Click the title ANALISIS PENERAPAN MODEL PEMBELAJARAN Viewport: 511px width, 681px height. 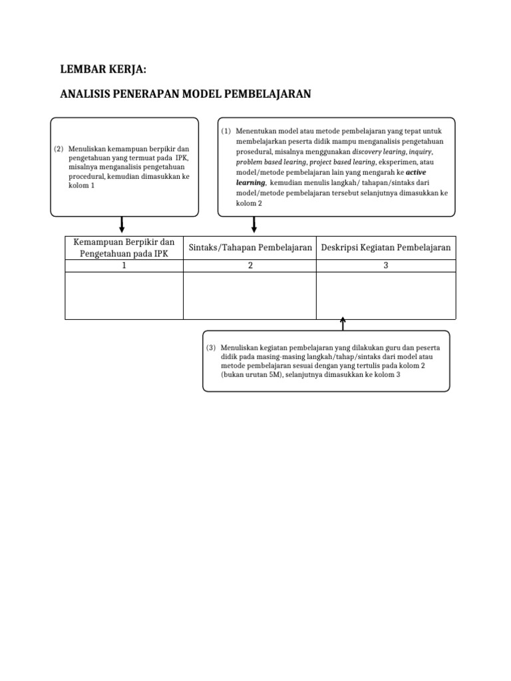pos(186,94)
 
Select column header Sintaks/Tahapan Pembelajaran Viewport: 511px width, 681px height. pos(250,247)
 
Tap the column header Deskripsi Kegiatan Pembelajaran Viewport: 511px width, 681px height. pos(386,247)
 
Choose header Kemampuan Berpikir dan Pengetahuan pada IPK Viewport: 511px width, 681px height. pos(124,247)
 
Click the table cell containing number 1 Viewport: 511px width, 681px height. pos(124,265)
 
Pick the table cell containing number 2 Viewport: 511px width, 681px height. pos(250,265)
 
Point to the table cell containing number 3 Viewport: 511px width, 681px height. pos(386,265)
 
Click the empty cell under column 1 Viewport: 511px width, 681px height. pos(124,295)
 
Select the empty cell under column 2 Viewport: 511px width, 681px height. pos(250,295)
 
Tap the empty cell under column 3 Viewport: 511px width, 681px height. pos(386,295)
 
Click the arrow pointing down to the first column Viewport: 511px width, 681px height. pos(122,225)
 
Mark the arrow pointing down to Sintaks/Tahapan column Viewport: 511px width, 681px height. pos(254,225)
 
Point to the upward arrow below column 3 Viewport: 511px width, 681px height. pos(343,324)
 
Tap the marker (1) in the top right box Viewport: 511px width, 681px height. pos(226,132)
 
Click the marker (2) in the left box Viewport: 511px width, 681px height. pos(59,149)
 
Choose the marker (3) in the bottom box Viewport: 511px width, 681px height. pos(211,348)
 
